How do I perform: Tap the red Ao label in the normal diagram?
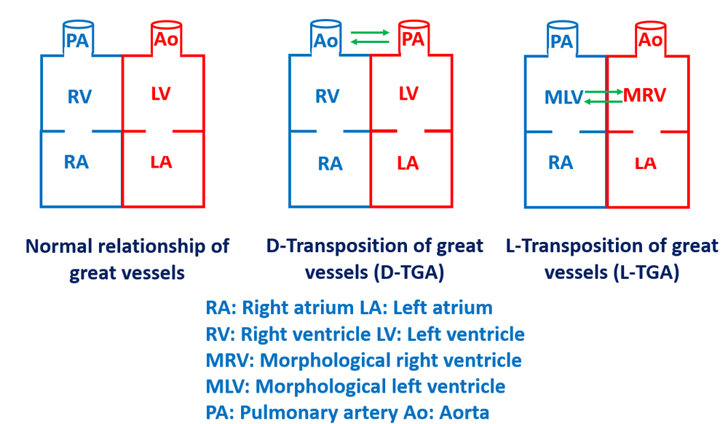164,41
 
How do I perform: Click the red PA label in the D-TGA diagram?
413,39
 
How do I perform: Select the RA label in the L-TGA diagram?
561,162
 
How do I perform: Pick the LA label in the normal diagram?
161,162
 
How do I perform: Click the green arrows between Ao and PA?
369,37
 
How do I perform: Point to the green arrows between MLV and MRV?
604,96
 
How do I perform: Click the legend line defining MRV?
364,360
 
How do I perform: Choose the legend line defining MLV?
355,385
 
